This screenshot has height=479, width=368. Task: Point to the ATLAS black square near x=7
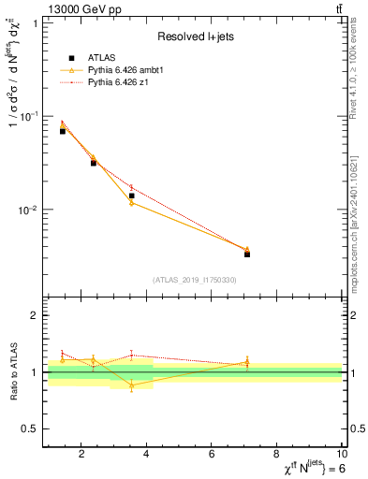(247, 254)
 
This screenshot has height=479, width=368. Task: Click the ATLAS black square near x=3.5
(132, 196)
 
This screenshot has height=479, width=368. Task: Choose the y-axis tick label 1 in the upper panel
(35, 23)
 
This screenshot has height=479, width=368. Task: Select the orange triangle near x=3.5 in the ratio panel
(132, 385)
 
